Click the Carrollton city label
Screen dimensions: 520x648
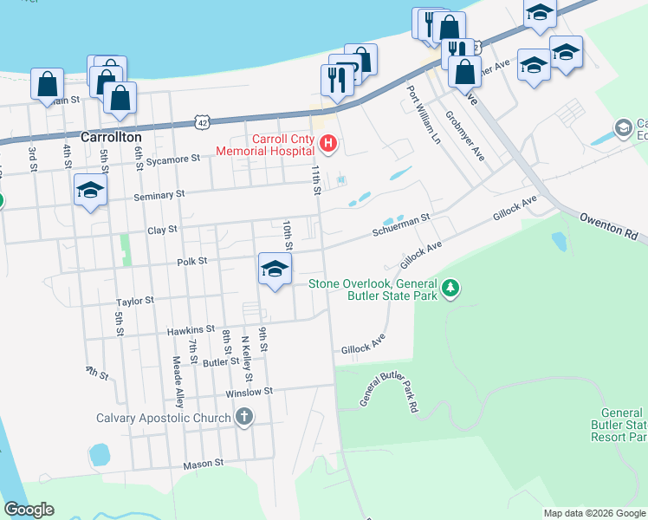click(x=110, y=137)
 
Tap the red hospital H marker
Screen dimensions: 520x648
click(x=327, y=143)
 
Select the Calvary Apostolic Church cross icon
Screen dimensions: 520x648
click(x=244, y=418)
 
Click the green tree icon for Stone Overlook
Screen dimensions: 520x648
click(x=450, y=288)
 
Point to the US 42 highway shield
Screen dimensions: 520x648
click(x=201, y=124)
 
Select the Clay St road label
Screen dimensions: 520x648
click(x=162, y=230)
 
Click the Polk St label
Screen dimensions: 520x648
click(x=192, y=261)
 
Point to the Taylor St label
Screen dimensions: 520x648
click(x=135, y=301)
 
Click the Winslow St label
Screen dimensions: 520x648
click(x=249, y=392)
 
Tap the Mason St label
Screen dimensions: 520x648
click(x=204, y=465)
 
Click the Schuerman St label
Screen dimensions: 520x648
click(x=401, y=226)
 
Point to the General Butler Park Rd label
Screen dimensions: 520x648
click(x=398, y=387)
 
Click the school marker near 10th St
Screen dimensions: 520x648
click(x=275, y=270)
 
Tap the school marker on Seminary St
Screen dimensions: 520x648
click(x=90, y=192)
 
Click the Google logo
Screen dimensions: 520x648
click(x=29, y=510)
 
